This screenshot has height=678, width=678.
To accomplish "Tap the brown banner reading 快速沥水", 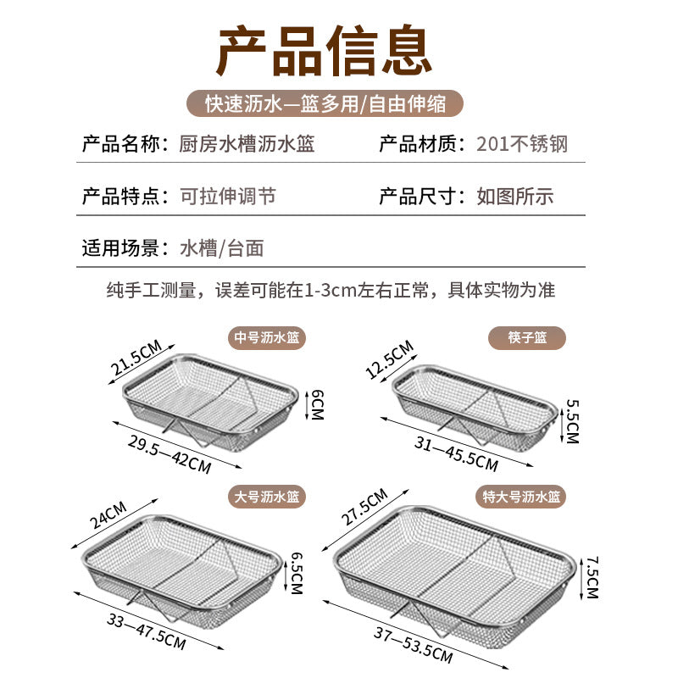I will click(x=326, y=103).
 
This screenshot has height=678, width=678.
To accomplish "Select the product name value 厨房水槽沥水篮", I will click(x=247, y=144).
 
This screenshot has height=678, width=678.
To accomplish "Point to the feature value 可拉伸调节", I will click(x=228, y=197).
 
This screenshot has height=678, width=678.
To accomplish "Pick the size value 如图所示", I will click(x=515, y=197).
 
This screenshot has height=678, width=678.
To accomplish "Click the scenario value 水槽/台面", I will click(x=222, y=248).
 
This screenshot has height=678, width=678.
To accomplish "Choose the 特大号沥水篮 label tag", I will click(x=520, y=496).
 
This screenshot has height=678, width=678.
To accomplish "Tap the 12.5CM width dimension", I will click(x=390, y=359).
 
